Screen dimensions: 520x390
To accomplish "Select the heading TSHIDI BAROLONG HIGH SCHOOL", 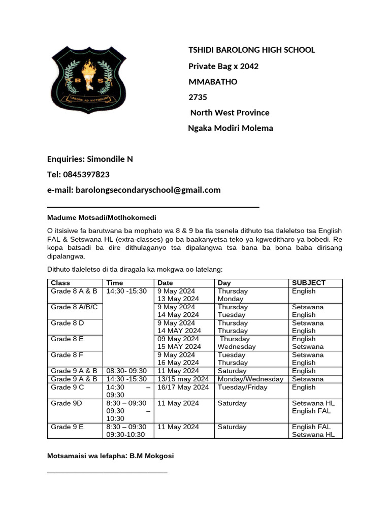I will [251, 50].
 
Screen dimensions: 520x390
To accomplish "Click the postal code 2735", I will [198, 97].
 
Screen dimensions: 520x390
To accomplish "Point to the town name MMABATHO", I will [213, 82].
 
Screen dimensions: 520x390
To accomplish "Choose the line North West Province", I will [230, 112].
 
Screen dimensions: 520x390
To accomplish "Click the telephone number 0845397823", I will [86, 175].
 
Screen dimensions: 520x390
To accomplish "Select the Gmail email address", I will [148, 190].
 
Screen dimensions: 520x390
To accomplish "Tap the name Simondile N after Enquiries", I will [110, 159].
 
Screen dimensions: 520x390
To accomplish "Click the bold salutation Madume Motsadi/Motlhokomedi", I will [98, 218].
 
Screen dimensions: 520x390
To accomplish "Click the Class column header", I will [60, 283].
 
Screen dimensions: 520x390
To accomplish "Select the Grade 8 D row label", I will [68, 323].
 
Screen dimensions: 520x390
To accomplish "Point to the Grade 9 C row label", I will [68, 387].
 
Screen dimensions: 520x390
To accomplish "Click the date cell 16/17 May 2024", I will [183, 387].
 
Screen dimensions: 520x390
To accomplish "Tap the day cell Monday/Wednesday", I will [250, 379].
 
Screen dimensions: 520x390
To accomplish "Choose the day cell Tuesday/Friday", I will [242, 387].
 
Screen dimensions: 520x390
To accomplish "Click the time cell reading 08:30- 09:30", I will [126, 371].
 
